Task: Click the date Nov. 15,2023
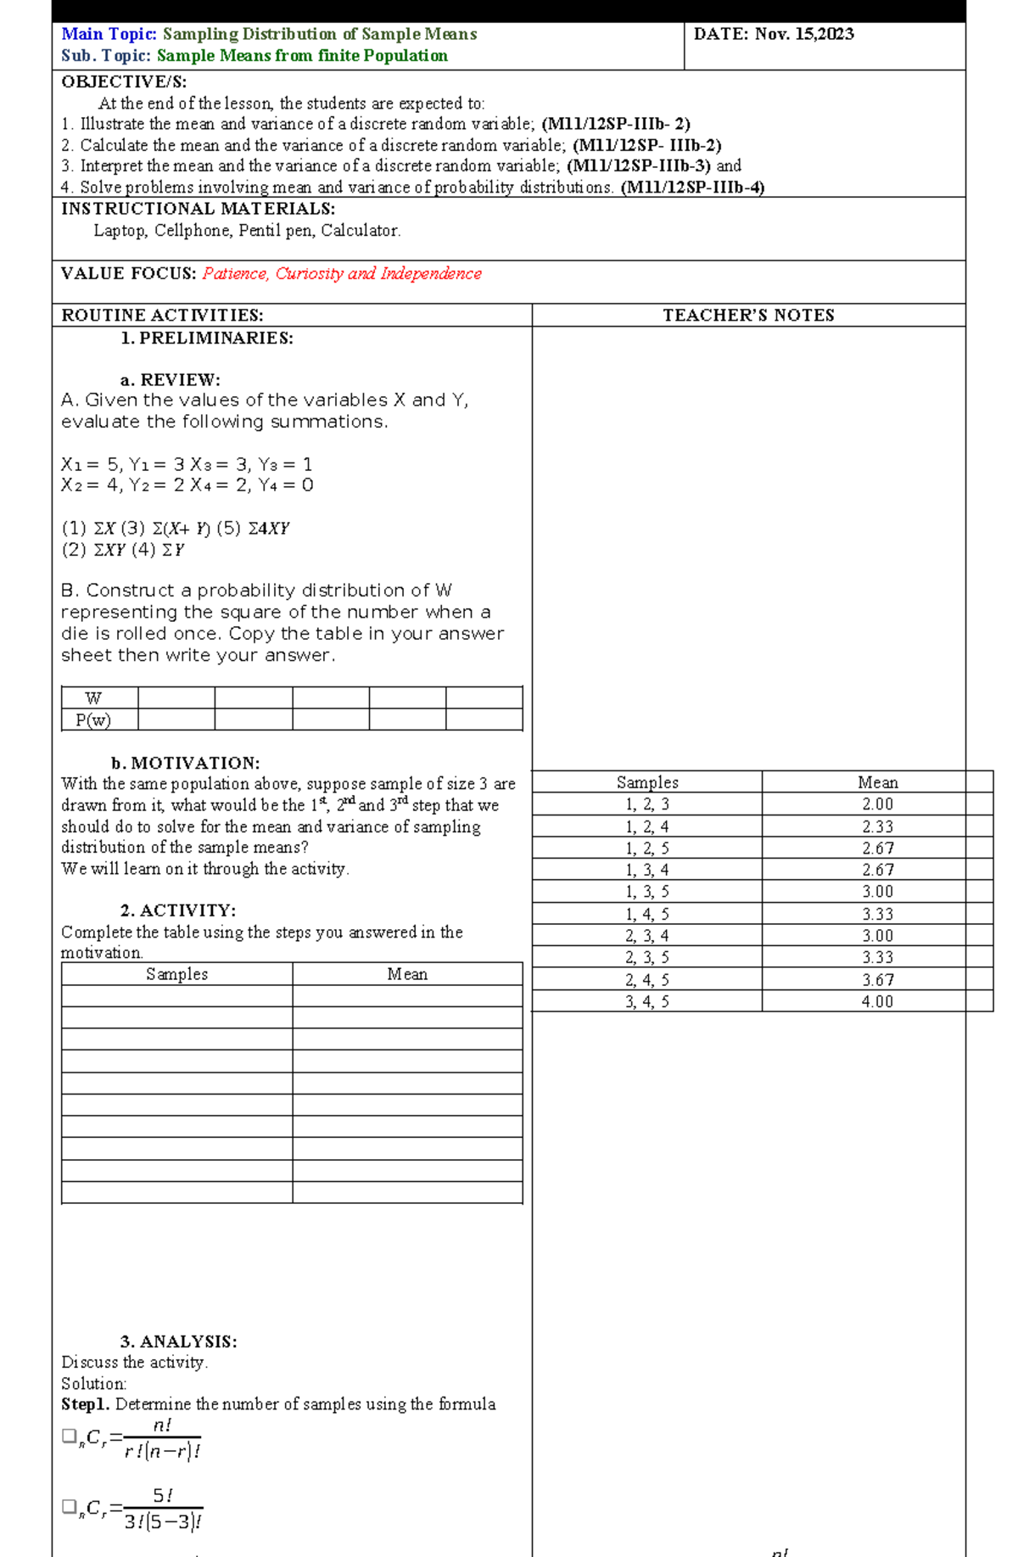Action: pyautogui.click(x=804, y=34)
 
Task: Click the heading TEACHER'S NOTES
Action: pyautogui.click(x=748, y=316)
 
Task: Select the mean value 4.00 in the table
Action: pyautogui.click(x=877, y=1002)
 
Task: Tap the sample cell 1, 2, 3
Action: pyautogui.click(x=647, y=804)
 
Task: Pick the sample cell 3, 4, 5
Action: pyautogui.click(x=647, y=1002)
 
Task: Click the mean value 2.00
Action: pyautogui.click(x=877, y=804)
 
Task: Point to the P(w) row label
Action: pyautogui.click(x=93, y=720)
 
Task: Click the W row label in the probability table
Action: pyautogui.click(x=93, y=698)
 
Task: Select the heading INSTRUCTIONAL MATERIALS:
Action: pyautogui.click(x=198, y=209)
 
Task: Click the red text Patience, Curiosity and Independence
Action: pyautogui.click(x=342, y=273)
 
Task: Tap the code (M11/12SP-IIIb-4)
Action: pyautogui.click(x=692, y=188)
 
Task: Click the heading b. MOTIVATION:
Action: pyautogui.click(x=185, y=763)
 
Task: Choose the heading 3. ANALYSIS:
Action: pyautogui.click(x=178, y=1341)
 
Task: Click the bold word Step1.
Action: pyautogui.click(x=86, y=1404)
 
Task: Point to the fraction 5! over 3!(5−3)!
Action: pyautogui.click(x=163, y=1508)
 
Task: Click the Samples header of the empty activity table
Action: pyautogui.click(x=176, y=974)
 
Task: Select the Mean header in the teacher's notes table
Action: pyautogui.click(x=877, y=782)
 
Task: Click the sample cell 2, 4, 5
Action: pyautogui.click(x=647, y=980)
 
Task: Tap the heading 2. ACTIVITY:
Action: pyautogui.click(x=178, y=910)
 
